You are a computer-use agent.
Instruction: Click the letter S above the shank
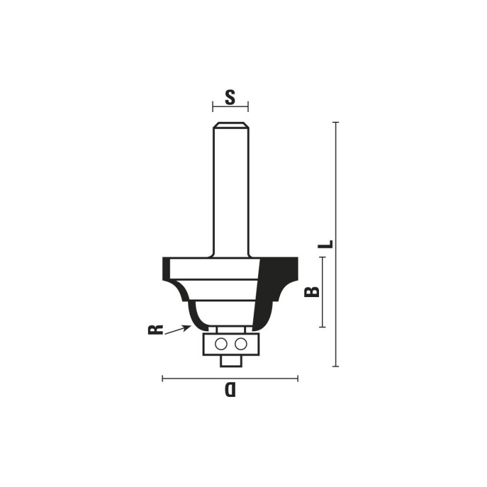pos(230,97)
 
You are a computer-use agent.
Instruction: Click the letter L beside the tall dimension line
pos(326,244)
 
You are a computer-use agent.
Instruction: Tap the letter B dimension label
pos(312,292)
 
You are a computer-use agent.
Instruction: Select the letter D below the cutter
pos(230,390)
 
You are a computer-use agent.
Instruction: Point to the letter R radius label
pos(155,329)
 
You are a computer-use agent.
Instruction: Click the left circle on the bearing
pos(220,344)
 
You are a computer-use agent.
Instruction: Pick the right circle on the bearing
pos(240,344)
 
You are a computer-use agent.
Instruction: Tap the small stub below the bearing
pos(231,361)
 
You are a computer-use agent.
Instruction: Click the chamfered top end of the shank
pos(231,125)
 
